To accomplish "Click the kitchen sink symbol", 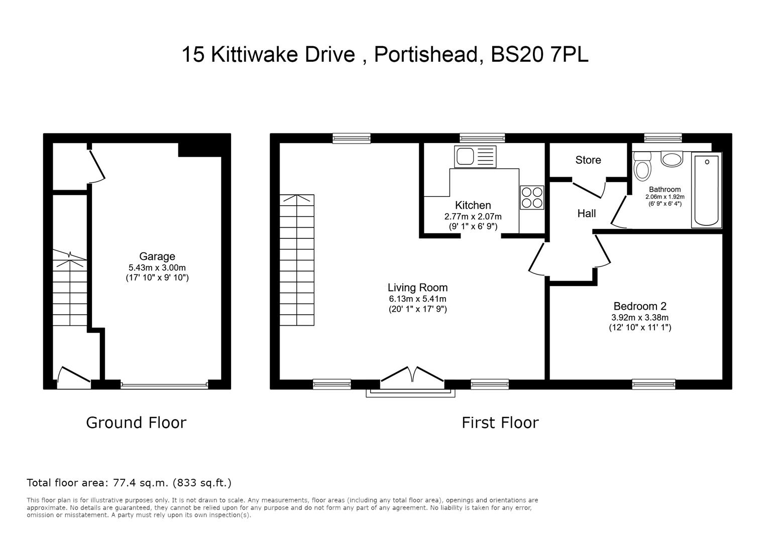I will (475, 157).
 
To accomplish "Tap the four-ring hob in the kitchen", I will (532, 197).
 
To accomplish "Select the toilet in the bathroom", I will (641, 166).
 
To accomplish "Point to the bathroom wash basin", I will (672, 159).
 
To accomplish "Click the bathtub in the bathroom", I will (706, 191).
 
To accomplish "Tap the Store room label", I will (588, 160).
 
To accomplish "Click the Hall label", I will (586, 214).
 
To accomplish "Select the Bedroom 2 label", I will (639, 306).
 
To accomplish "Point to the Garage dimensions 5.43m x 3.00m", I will (157, 267).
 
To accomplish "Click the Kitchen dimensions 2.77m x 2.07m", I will (473, 216).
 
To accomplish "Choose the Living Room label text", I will (417, 288).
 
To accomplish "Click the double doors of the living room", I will (412, 376).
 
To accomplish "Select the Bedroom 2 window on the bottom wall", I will (653, 384).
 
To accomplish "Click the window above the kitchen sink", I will (482, 138).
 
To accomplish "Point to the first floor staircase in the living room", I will (297, 260).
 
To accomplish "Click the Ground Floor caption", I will (136, 423).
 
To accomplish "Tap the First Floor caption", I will (500, 423).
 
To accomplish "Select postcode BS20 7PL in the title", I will (539, 54).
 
